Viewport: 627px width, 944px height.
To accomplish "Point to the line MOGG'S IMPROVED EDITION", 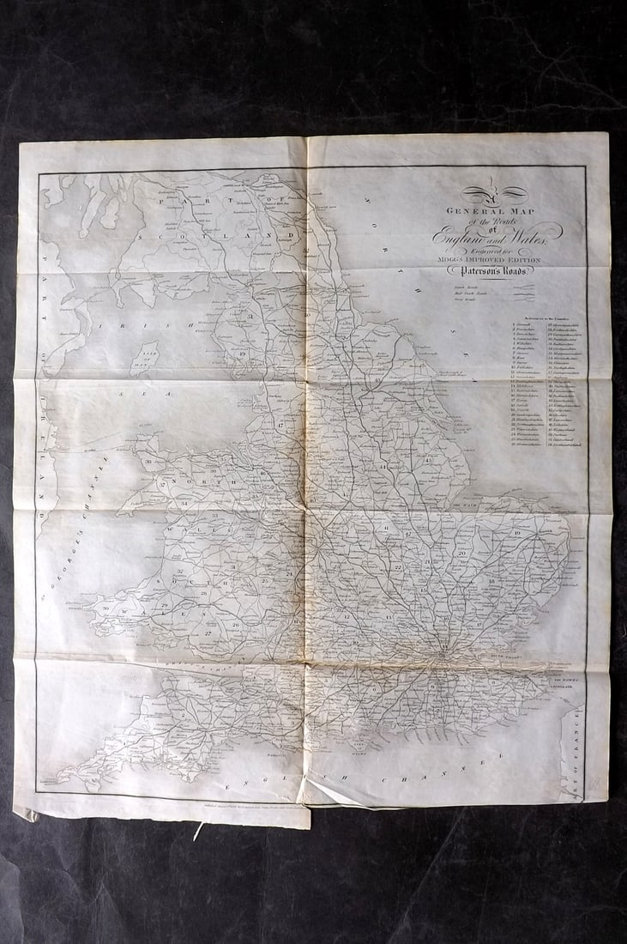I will (x=492, y=258).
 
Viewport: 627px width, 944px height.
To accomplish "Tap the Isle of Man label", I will (x=148, y=354).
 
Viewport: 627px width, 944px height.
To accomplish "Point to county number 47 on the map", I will (x=280, y=424).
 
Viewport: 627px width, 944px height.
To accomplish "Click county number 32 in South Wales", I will (x=180, y=571).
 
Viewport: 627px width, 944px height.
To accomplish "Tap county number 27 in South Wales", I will (x=208, y=632).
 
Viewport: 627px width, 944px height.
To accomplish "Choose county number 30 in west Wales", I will (x=106, y=608).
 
